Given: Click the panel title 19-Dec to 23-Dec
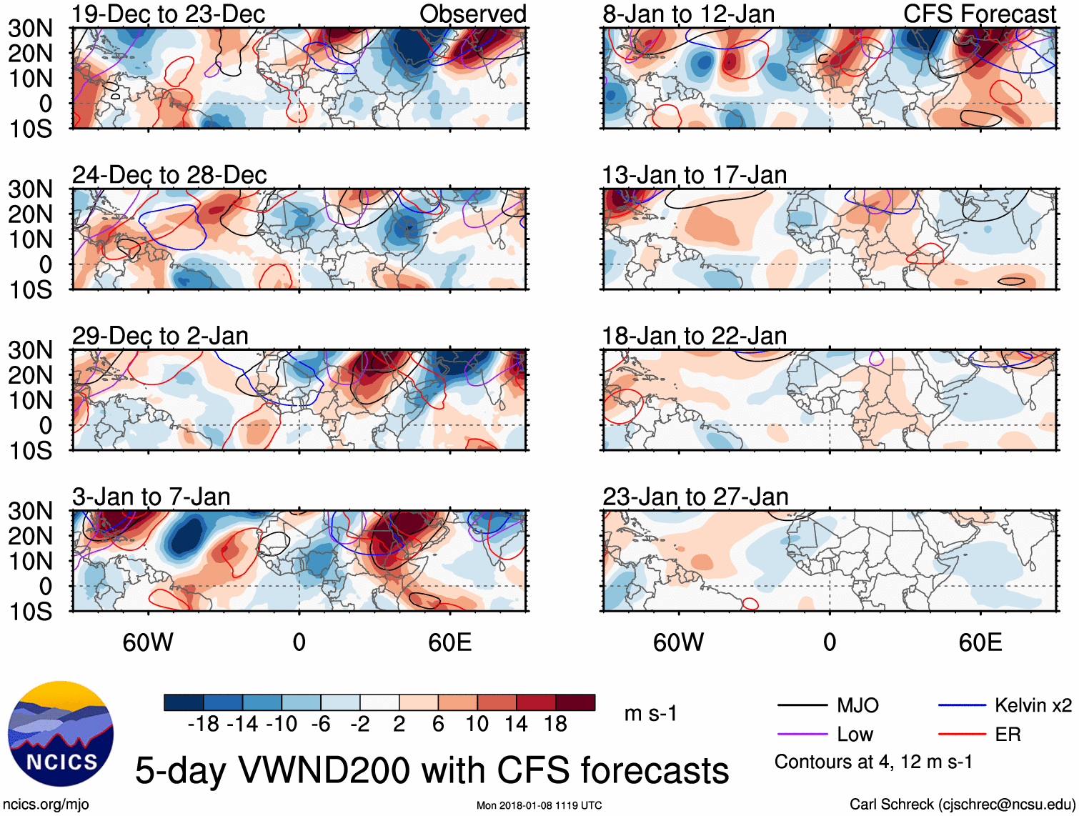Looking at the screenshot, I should coord(169,14).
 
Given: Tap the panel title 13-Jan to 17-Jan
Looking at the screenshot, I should coord(695,175).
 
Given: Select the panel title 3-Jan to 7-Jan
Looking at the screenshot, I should coord(151,497).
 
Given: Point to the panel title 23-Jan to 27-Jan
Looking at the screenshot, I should coord(695,497).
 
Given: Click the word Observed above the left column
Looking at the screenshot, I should coord(473,14).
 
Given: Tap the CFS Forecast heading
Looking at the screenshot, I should coord(980,14).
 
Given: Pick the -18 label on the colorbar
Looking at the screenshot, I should coord(204,725).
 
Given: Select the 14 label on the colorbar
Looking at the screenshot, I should coord(516,725).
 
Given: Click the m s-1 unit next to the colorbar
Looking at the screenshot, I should coord(650,714).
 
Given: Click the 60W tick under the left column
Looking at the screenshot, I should coord(148,642).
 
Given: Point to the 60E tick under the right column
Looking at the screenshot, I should coord(980,642).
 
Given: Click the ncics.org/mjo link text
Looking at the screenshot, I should coord(46,805).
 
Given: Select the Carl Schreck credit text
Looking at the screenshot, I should coord(962,805).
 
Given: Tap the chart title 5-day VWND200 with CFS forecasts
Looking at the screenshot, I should coord(432,770).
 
